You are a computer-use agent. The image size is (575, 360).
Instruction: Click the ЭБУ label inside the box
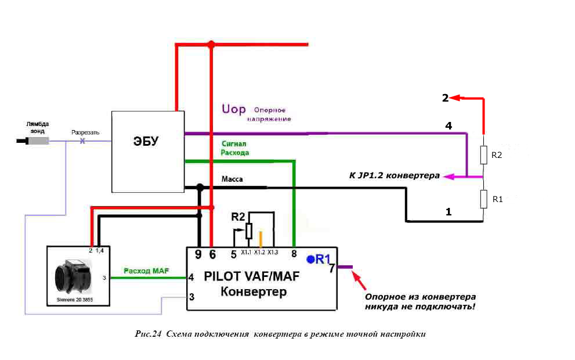(146, 141)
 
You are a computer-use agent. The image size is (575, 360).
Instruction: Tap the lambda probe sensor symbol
(32, 141)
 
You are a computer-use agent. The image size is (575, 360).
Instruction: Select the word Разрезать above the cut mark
(85, 132)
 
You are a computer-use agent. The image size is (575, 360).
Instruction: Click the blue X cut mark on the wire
(82, 141)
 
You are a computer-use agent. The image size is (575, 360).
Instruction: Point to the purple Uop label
(234, 109)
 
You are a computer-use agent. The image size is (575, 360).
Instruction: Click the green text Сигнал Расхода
(234, 148)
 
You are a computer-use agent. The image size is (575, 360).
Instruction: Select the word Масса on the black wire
(232, 179)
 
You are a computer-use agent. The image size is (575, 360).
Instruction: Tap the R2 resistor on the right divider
(484, 155)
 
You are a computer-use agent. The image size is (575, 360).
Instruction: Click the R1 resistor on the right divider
(484, 199)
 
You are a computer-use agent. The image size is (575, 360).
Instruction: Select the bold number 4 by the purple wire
(449, 126)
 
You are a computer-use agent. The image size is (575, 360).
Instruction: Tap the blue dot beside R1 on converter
(310, 260)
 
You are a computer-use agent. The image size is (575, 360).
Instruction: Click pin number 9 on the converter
(198, 254)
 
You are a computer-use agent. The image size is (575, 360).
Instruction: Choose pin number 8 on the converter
(294, 254)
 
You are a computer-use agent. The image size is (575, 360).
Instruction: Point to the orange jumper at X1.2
(261, 239)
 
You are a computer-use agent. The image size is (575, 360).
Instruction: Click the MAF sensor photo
(73, 276)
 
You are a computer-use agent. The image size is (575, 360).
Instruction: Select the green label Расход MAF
(146, 271)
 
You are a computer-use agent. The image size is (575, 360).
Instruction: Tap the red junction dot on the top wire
(211, 45)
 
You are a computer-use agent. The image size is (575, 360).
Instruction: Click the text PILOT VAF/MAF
(252, 276)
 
